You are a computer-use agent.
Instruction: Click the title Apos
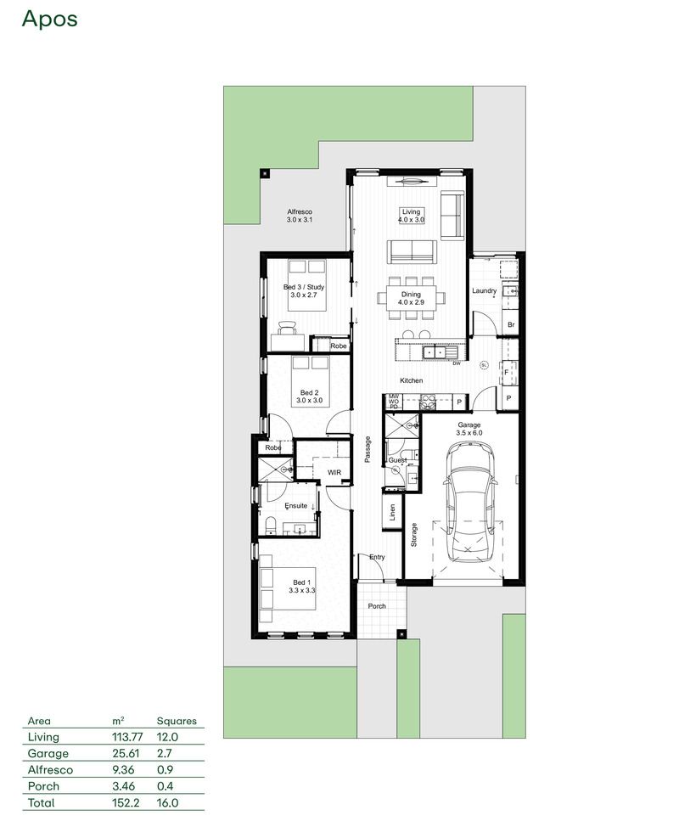click(x=49, y=19)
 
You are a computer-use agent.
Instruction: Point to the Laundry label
click(x=485, y=291)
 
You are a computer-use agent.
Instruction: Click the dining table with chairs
click(x=412, y=299)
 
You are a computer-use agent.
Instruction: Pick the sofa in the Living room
click(x=412, y=251)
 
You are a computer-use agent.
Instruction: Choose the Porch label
click(x=376, y=606)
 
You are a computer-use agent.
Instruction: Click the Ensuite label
click(x=296, y=505)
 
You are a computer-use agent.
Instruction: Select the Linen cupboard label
click(x=392, y=512)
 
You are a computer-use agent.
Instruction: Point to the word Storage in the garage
click(x=414, y=534)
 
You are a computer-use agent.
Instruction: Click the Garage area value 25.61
click(x=125, y=753)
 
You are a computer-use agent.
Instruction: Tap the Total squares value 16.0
click(x=168, y=802)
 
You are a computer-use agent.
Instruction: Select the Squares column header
click(x=177, y=721)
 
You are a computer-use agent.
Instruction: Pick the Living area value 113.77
click(x=127, y=737)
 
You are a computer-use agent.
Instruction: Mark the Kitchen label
click(x=411, y=380)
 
